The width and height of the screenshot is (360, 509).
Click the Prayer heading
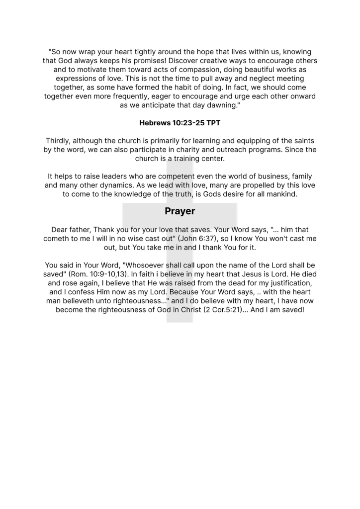click(180, 211)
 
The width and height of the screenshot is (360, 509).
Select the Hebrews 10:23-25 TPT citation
click(180, 122)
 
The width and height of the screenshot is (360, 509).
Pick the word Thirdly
click(60, 141)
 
